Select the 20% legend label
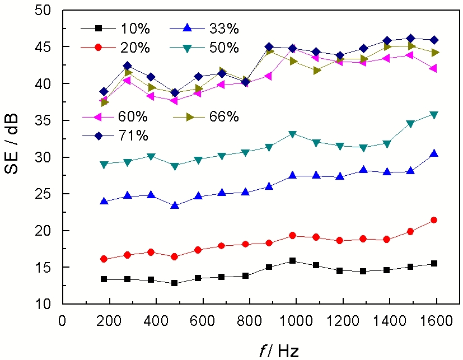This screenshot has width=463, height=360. pyautogui.click(x=132, y=48)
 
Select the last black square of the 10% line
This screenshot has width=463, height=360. pyautogui.click(x=434, y=263)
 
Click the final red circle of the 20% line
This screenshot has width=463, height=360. pyautogui.click(x=434, y=220)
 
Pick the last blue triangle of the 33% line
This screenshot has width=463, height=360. pyautogui.click(x=434, y=153)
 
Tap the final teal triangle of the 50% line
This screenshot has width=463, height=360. pyautogui.click(x=434, y=115)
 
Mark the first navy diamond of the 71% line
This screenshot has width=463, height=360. pyautogui.click(x=104, y=91)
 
